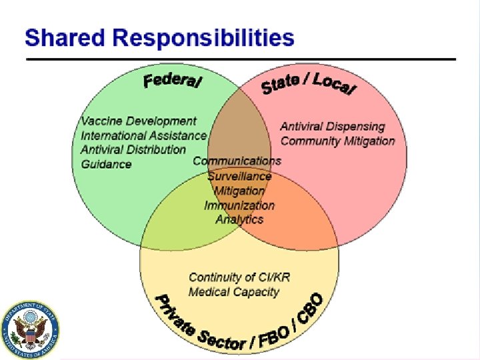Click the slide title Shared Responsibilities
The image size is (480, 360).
pyautogui.click(x=159, y=37)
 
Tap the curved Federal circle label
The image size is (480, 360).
pyautogui.click(x=173, y=81)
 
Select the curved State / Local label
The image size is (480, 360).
pyautogui.click(x=309, y=86)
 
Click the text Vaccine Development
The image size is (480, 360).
pyautogui.click(x=139, y=121)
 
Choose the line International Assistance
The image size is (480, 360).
pyautogui.click(x=143, y=135)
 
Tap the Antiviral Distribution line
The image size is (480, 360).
pyautogui.click(x=133, y=149)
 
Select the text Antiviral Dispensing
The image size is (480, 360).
pyautogui.click(x=333, y=126)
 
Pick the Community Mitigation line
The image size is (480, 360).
pyautogui.click(x=337, y=141)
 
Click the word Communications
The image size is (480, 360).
pyautogui.click(x=237, y=161)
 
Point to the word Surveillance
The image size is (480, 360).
pyautogui.click(x=239, y=176)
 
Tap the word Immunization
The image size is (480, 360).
pyautogui.click(x=239, y=205)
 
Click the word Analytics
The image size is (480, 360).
pyautogui.click(x=239, y=219)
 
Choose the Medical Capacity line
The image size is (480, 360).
pyautogui.click(x=233, y=291)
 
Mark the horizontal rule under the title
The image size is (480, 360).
pyautogui.click(x=240, y=59)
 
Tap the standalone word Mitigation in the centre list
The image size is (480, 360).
pyautogui.click(x=239, y=191)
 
